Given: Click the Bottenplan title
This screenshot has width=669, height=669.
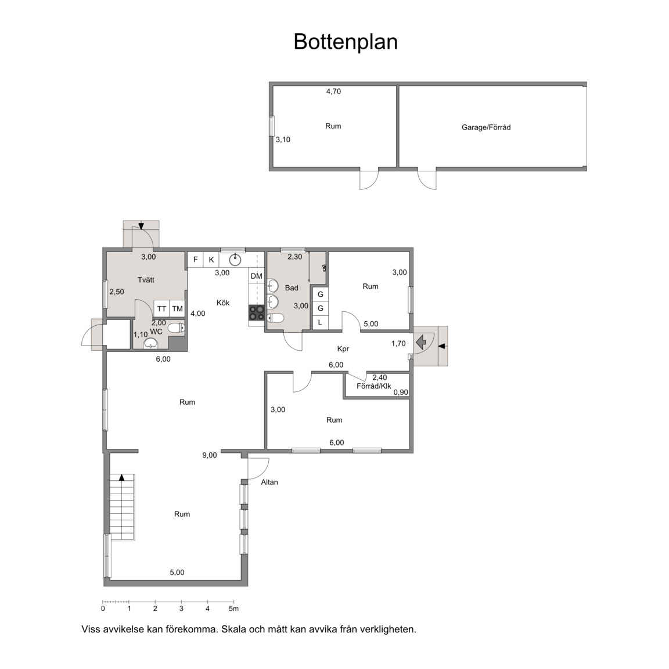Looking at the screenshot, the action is [x=346, y=42].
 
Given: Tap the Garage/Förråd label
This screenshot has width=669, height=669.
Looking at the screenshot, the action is [x=486, y=127].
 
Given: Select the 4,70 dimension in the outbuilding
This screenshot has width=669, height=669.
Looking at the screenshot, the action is [x=334, y=91].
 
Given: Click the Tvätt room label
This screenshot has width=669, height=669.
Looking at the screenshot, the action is [x=146, y=280].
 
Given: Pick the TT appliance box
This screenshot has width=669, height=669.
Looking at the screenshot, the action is [x=161, y=309].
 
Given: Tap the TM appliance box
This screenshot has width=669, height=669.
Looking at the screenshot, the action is [x=178, y=309].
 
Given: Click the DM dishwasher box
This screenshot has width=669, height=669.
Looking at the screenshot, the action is [x=257, y=276].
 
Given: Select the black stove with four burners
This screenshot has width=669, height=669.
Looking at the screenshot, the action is [x=257, y=313].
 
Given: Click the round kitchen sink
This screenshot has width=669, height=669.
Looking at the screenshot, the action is [x=235, y=259].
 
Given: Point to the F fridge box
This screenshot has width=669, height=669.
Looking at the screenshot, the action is [x=195, y=260].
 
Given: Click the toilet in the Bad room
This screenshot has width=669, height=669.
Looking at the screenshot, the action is [x=276, y=318].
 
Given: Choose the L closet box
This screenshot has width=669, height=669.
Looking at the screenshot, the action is [x=321, y=322].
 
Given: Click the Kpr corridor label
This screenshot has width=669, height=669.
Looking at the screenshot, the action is [x=343, y=348].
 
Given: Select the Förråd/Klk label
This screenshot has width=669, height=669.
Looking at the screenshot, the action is [x=374, y=386].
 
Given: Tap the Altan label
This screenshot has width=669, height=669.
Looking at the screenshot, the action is [x=269, y=482].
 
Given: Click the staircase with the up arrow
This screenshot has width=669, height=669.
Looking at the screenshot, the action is [x=122, y=508].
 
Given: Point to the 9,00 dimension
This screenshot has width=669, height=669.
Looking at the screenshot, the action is [x=210, y=455].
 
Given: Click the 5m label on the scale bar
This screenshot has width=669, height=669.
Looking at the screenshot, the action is [x=233, y=609].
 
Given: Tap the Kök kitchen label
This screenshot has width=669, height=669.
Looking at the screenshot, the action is [x=223, y=303].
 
